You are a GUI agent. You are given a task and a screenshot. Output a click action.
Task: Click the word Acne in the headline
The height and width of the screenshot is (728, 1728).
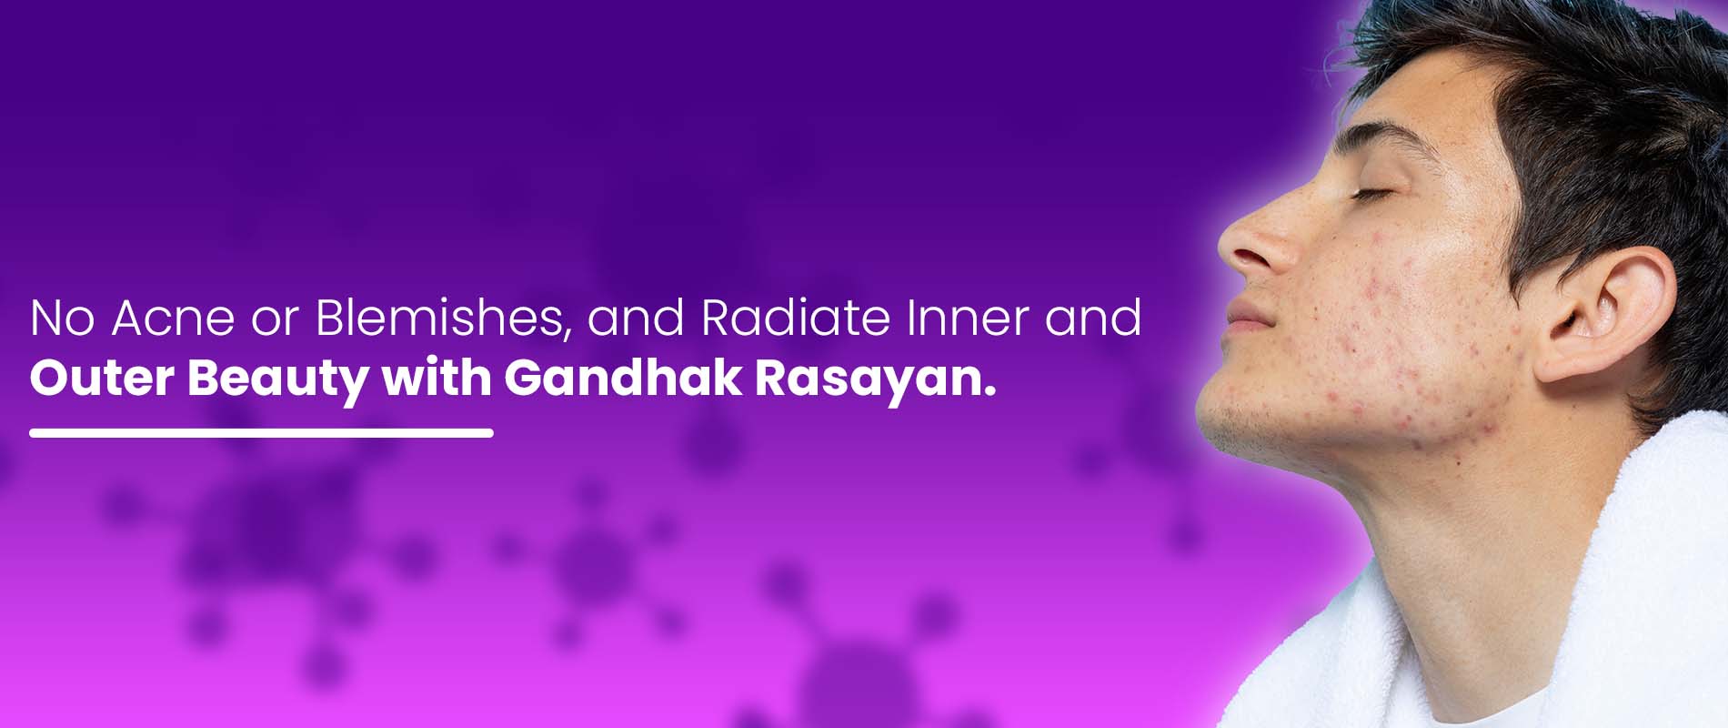click(174, 318)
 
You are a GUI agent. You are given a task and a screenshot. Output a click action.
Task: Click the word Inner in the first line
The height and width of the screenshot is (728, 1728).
click(968, 318)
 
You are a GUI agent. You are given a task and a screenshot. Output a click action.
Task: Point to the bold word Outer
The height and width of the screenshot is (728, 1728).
click(101, 378)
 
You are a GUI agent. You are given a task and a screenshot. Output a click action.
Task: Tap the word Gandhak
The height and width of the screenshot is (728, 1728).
click(623, 378)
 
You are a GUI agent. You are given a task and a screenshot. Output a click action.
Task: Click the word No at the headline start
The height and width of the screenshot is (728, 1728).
click(63, 318)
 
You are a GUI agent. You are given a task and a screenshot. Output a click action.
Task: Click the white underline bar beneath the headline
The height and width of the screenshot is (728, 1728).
click(261, 433)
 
